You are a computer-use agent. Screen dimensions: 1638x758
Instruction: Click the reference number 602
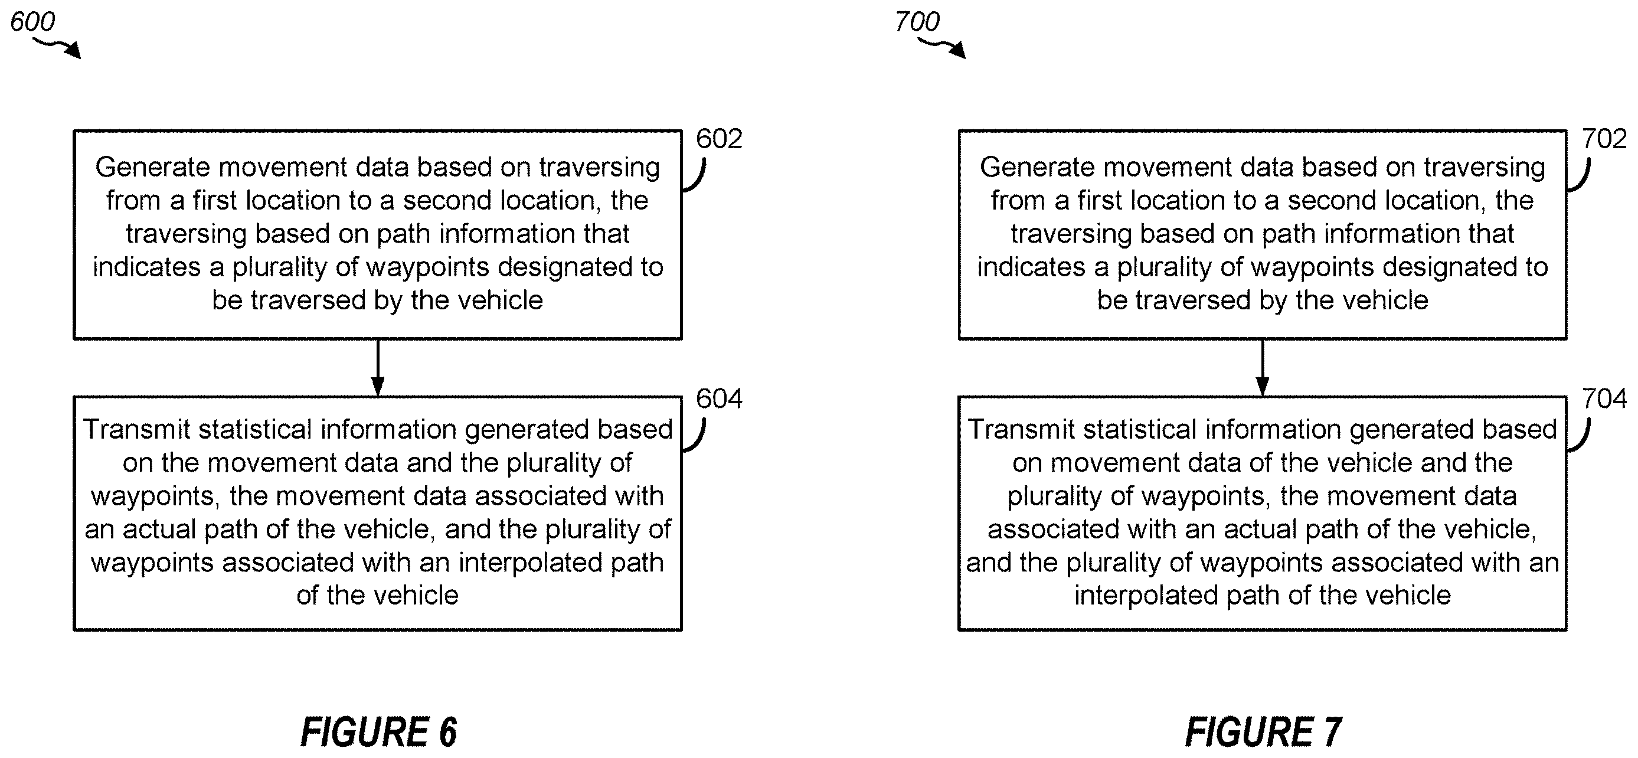coord(718,139)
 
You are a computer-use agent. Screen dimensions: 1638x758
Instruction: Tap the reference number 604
coord(718,398)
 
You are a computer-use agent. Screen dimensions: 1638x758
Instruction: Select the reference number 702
coord(1604,139)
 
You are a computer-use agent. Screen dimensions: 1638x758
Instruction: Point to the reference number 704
coord(1604,398)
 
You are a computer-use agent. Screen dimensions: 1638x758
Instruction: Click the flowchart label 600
coord(32,22)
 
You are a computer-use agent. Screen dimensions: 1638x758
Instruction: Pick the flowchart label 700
coord(917,22)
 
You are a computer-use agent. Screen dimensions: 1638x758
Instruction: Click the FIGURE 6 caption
coord(378,732)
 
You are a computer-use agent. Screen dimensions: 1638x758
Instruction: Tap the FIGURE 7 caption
coord(1263,732)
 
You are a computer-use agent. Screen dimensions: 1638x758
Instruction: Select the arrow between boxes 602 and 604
coord(378,368)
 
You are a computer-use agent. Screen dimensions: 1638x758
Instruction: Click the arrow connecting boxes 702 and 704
coord(1263,368)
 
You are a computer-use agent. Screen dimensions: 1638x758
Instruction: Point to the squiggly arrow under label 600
coord(57,47)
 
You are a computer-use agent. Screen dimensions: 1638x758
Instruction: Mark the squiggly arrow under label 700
coord(942,47)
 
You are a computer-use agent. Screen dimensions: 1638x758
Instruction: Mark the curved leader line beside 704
coord(1580,435)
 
